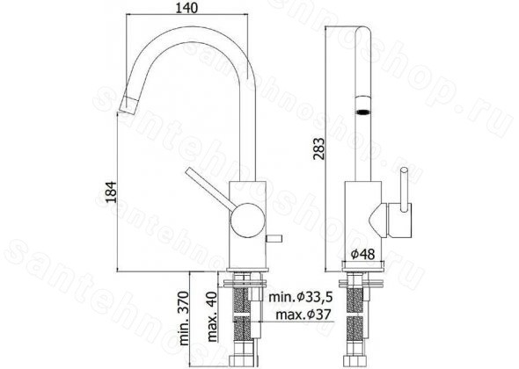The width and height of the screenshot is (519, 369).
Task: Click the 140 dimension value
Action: click(186, 8)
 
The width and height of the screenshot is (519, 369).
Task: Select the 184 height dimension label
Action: click(111, 192)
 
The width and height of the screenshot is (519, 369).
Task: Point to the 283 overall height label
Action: click(319, 148)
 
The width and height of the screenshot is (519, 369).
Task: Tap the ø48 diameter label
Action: click(362, 254)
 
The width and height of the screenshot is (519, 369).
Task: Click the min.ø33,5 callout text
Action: click(300, 297)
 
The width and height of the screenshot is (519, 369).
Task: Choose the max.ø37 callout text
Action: click(303, 315)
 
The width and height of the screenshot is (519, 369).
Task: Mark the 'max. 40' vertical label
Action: click(212, 317)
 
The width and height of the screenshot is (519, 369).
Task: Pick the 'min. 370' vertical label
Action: click(184, 318)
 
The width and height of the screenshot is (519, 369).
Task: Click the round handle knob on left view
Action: click(247, 220)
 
